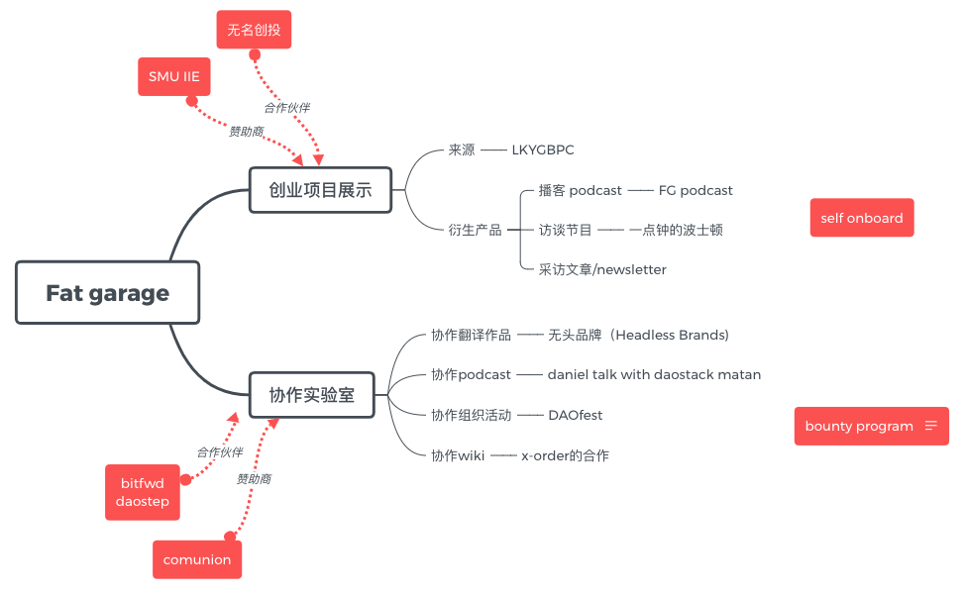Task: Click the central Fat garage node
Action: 107,293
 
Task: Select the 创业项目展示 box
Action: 320,190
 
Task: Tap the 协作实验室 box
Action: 311,396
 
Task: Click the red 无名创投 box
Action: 254,30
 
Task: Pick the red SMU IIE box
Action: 174,76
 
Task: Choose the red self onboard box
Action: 861,218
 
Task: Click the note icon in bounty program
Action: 930,426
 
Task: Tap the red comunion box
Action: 197,559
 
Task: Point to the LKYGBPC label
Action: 543,150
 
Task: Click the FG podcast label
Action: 696,190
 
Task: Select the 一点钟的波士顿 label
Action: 676,230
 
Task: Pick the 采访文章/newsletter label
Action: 602,269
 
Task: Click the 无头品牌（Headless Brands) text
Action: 638,335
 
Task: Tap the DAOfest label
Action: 576,415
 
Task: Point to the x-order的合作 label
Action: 565,455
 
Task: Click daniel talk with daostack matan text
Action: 654,374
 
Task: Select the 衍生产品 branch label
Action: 475,230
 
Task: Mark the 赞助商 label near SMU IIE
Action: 246,131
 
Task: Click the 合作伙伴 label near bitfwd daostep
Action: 219,451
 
